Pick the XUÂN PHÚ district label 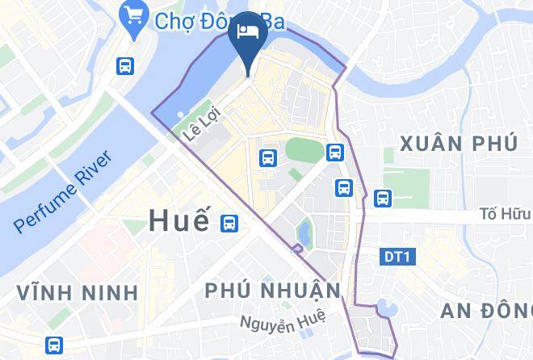point(458,144)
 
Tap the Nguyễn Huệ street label point(282,320)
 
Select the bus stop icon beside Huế point(230,223)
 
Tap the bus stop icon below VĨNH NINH point(54,344)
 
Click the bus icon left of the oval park point(266,157)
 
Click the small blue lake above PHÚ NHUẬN point(304,231)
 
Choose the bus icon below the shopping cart point(125,65)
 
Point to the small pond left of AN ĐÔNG point(381,308)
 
